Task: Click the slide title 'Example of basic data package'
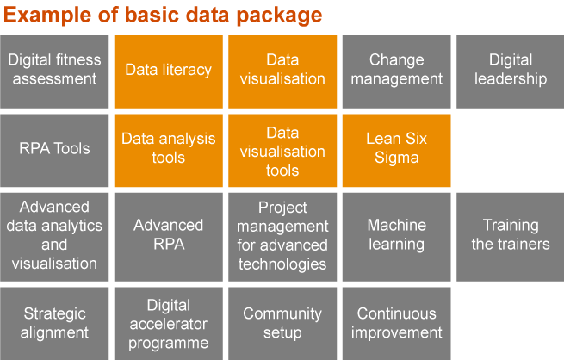pyautogui.click(x=164, y=15)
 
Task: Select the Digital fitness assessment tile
pyautogui.click(x=54, y=70)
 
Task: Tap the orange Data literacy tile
pyautogui.click(x=168, y=70)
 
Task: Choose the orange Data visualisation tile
pyautogui.click(x=282, y=70)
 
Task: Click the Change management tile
pyautogui.click(x=396, y=70)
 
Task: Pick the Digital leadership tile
pyautogui.click(x=510, y=70)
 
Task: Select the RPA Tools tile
pyautogui.click(x=54, y=149)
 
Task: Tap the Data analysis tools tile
pyautogui.click(x=168, y=149)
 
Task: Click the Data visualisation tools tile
pyautogui.click(x=282, y=149)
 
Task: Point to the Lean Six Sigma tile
pyautogui.click(x=396, y=149)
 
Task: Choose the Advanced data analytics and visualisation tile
pyautogui.click(x=54, y=235)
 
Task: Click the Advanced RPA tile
pyautogui.click(x=168, y=235)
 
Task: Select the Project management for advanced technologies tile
pyautogui.click(x=282, y=235)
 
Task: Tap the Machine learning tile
pyautogui.click(x=396, y=235)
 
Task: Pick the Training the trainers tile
pyautogui.click(x=510, y=235)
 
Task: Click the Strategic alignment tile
pyautogui.click(x=54, y=324)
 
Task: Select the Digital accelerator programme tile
pyautogui.click(x=168, y=324)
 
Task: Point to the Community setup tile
pyautogui.click(x=282, y=324)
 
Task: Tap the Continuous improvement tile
pyautogui.click(x=396, y=324)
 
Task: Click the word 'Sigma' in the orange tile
pyautogui.click(x=396, y=158)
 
